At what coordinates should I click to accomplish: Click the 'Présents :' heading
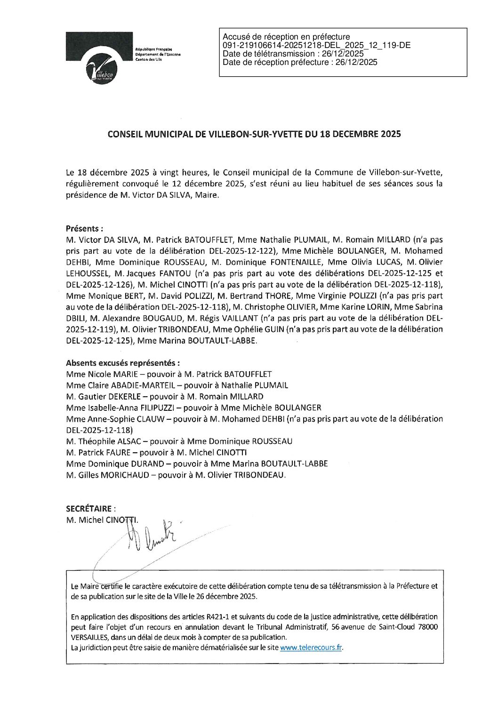(85, 229)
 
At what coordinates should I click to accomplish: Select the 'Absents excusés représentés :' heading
(123, 363)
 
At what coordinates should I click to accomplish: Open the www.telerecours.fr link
(311, 648)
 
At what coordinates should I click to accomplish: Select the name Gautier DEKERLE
(109, 396)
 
